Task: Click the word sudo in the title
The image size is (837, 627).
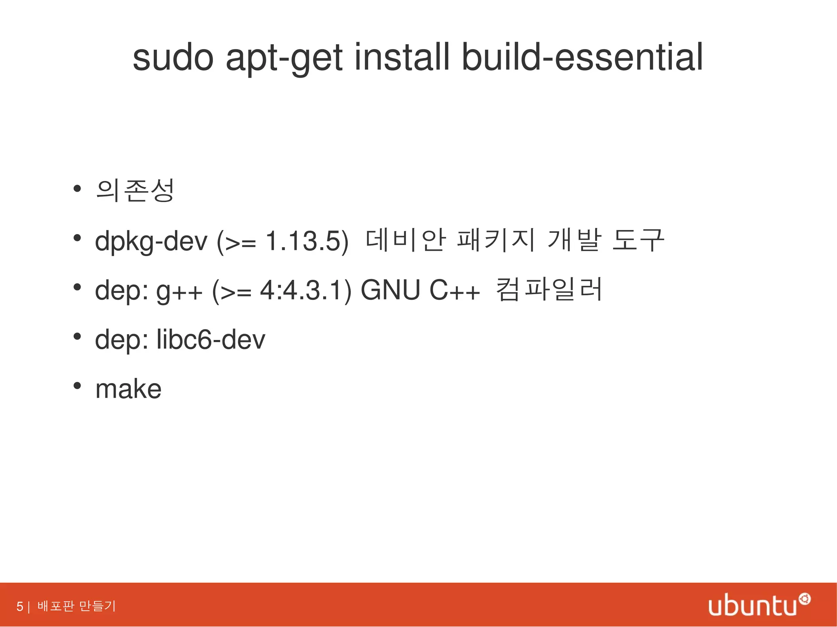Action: click(173, 58)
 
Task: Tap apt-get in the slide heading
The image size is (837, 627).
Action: click(284, 59)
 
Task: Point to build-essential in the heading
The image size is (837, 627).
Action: click(582, 58)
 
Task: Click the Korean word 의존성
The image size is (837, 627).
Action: click(135, 190)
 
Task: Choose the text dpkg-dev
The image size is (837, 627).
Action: click(151, 241)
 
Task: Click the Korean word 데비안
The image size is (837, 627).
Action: click(405, 240)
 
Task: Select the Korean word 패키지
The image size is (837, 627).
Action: click(496, 240)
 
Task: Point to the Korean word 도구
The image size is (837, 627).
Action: click(638, 240)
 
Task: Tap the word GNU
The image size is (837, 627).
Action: click(390, 290)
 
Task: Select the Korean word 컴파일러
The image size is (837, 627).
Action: click(549, 290)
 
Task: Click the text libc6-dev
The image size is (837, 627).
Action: click(211, 340)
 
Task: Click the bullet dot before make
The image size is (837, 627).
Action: click(76, 386)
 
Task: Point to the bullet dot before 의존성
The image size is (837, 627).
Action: click(76, 189)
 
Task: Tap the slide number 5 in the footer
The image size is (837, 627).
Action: click(20, 606)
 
